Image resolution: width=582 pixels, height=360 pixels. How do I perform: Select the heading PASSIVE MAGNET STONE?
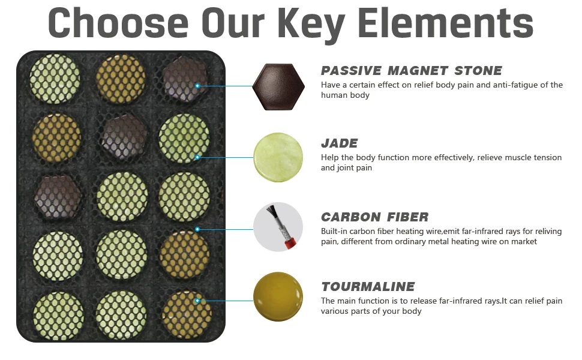[x=411, y=71]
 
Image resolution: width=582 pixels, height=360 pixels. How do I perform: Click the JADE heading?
[x=339, y=143]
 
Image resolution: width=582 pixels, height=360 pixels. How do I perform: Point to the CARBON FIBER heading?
[x=374, y=217]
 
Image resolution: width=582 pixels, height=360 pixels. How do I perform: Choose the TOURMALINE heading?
[x=368, y=287]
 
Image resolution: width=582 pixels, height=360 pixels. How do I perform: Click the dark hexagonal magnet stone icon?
[x=278, y=87]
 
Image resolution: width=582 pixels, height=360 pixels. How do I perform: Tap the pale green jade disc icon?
[x=278, y=157]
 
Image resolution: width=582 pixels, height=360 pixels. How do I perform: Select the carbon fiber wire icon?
[x=278, y=227]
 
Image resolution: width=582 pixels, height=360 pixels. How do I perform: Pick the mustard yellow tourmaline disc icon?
[x=278, y=296]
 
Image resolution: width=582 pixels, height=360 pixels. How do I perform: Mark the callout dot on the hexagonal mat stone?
[x=197, y=86]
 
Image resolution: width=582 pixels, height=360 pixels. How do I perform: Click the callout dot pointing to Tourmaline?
[x=197, y=301]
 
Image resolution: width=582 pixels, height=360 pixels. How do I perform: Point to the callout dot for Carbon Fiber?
[x=197, y=229]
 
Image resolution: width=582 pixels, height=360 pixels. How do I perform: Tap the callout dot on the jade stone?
[x=197, y=157]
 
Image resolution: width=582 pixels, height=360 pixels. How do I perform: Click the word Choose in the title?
[x=118, y=23]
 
